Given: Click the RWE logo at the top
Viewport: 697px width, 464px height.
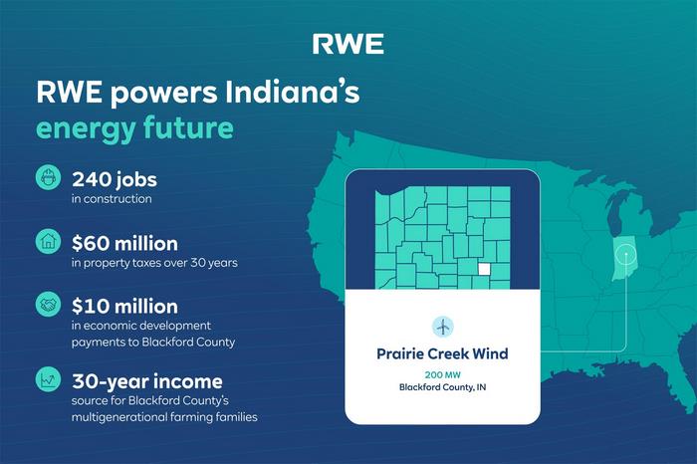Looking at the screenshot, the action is pos(348,44).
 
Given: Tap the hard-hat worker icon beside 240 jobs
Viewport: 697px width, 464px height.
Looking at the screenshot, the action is pos(48,177).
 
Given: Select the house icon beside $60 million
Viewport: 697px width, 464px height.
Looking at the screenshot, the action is pos(48,241).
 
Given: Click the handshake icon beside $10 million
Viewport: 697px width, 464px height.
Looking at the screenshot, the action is pos(48,305).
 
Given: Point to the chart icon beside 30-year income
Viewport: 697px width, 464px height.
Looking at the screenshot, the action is pos(48,379).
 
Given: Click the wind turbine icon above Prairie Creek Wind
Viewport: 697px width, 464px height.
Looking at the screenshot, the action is pos(443,328).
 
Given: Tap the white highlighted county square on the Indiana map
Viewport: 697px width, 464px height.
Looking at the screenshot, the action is pos(484,269).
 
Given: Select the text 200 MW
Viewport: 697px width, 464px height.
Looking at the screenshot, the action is pos(443,374).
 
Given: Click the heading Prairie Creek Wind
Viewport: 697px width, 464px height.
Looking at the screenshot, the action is pos(442,353).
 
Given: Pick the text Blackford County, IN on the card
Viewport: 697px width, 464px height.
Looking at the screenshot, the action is pos(443,387).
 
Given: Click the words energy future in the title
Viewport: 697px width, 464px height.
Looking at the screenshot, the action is pos(134,129).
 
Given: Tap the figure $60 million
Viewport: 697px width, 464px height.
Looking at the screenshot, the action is pos(124,244).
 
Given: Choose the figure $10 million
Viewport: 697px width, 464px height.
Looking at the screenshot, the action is pos(124,307).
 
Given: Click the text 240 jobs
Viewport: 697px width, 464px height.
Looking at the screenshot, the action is pos(115,180).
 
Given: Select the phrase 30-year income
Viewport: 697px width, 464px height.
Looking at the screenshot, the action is pos(147,381).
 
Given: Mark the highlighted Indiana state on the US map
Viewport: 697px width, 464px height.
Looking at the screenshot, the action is pos(624,259).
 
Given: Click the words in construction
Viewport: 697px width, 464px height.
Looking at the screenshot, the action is pos(112,199).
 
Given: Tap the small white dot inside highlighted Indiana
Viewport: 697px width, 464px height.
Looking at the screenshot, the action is pos(626,255).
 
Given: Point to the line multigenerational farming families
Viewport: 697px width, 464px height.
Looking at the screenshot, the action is pos(164,417).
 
